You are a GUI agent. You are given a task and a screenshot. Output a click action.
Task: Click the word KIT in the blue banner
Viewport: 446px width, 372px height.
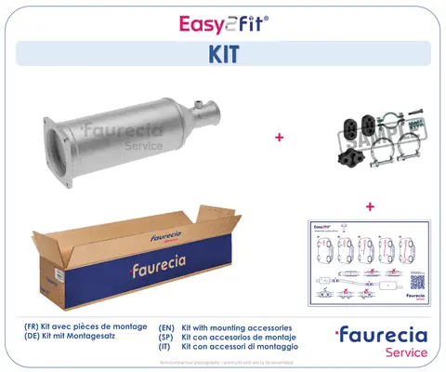(222, 53)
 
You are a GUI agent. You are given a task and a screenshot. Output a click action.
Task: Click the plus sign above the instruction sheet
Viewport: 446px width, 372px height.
(370, 206)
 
